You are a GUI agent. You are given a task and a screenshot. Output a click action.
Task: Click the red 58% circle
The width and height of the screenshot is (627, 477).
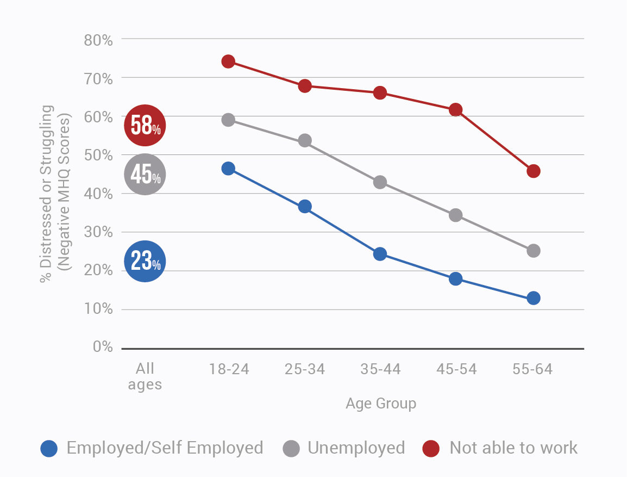[145, 126]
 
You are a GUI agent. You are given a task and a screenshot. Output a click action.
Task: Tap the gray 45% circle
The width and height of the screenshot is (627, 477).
[145, 175]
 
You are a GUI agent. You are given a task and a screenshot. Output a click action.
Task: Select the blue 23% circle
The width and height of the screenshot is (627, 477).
[145, 262]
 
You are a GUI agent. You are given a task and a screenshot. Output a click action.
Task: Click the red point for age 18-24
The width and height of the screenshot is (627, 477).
[228, 61]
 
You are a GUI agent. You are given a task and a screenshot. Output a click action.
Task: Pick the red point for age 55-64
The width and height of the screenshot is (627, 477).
[534, 171]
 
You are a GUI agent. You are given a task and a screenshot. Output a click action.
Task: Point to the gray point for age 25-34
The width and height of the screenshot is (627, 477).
[305, 141]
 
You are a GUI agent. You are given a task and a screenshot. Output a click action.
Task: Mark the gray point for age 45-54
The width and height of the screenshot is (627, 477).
[456, 215]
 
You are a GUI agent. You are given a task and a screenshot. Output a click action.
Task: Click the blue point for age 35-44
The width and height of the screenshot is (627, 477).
[380, 254]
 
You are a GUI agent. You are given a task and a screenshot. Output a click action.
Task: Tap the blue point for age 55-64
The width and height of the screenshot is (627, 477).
[534, 298]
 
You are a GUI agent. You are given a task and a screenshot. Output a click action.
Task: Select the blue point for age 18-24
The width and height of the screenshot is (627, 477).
[228, 169]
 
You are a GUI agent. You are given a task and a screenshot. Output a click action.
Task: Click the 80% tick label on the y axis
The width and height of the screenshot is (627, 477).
[98, 40]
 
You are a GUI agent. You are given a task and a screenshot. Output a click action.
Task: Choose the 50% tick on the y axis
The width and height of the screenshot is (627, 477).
[98, 155]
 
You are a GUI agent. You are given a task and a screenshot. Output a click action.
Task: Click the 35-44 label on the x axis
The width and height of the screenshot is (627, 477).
[380, 370]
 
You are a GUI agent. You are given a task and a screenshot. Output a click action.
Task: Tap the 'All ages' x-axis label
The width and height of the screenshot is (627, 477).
[145, 376]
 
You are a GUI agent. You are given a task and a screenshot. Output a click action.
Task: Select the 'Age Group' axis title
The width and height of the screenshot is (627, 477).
[381, 404]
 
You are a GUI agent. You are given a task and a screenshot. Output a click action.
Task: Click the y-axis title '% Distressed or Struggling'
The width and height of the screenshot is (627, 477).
[48, 193]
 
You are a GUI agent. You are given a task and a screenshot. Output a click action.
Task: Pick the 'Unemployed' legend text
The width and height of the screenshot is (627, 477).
[356, 448]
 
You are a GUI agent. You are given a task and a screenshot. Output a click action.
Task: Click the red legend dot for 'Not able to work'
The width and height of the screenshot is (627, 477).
[431, 449]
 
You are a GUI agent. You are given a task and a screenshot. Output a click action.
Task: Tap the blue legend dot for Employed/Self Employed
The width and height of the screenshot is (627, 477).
[49, 449]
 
